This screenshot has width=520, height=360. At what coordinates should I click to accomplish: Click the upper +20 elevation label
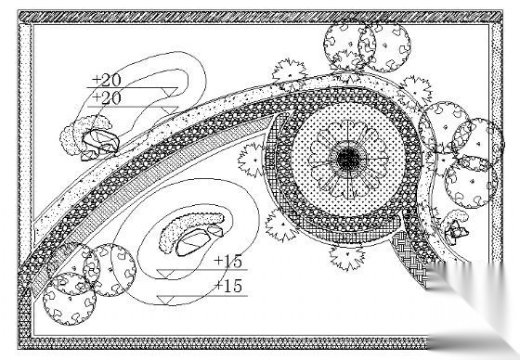tap(107, 80)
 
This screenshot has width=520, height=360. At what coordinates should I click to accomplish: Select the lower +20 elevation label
tap(107, 98)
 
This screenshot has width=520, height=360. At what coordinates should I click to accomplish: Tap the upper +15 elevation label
tap(228, 262)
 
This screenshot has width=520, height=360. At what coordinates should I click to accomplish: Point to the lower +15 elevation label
tap(228, 286)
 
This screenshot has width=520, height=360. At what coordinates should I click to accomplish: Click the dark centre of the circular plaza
tap(348, 159)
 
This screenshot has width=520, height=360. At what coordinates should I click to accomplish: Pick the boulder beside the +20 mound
tap(100, 142)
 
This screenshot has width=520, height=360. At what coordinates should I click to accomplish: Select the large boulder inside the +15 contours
tap(193, 243)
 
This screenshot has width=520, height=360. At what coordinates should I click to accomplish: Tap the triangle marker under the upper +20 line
tap(169, 92)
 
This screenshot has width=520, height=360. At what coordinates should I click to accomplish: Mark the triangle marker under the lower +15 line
tap(165, 300)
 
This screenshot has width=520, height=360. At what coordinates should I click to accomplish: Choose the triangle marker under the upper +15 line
tap(165, 274)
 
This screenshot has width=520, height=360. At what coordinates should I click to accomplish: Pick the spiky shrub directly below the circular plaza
tap(347, 257)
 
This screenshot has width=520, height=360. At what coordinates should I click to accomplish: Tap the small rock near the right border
tap(456, 229)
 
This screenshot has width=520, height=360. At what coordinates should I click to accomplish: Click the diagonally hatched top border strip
tap(260, 17)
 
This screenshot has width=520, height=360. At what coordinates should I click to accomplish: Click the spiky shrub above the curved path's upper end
tap(289, 74)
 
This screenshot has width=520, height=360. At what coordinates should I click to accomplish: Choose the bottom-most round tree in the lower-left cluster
tap(70, 299)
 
